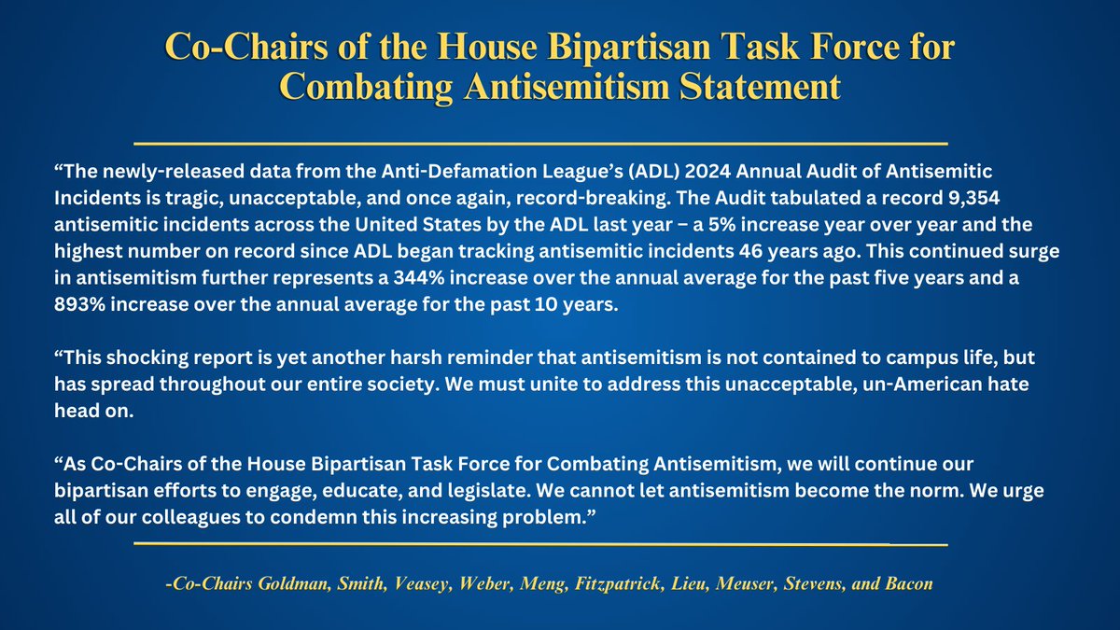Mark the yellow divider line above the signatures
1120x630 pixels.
[541, 542]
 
